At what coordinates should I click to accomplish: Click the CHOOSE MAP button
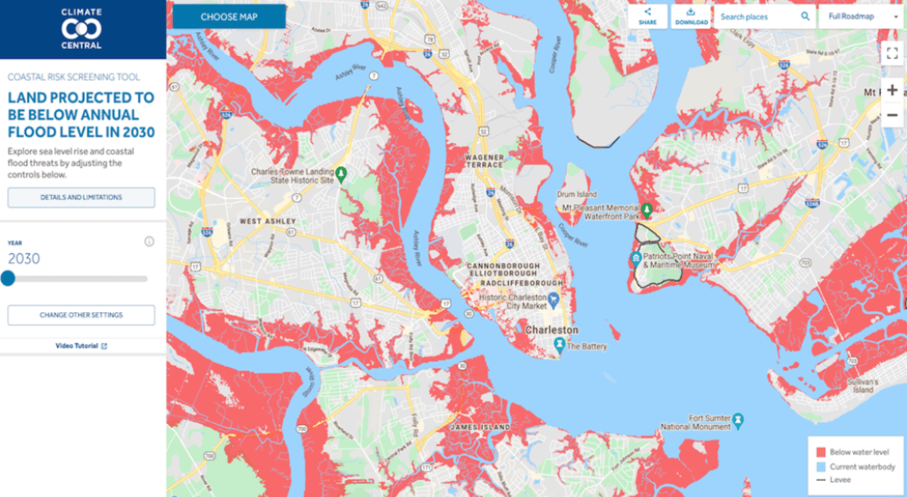(229, 17)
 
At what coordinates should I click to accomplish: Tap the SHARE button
(648, 17)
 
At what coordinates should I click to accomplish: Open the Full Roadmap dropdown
(860, 17)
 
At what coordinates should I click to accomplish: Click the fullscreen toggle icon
(892, 52)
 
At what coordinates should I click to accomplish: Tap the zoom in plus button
(892, 90)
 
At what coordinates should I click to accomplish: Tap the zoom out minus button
(892, 115)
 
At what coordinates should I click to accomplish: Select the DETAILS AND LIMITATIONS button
(81, 198)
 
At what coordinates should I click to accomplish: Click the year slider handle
(8, 279)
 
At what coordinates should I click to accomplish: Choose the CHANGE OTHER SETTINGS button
(81, 315)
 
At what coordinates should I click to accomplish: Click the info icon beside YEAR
(149, 242)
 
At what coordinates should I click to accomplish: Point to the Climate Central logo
(81, 28)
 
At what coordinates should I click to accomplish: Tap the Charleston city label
(551, 330)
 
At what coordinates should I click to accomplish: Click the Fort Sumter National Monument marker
(738, 419)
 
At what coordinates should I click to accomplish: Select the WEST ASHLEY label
(268, 222)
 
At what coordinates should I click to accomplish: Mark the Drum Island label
(577, 194)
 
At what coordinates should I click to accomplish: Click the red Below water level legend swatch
(821, 452)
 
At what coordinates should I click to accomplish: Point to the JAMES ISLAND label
(480, 428)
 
